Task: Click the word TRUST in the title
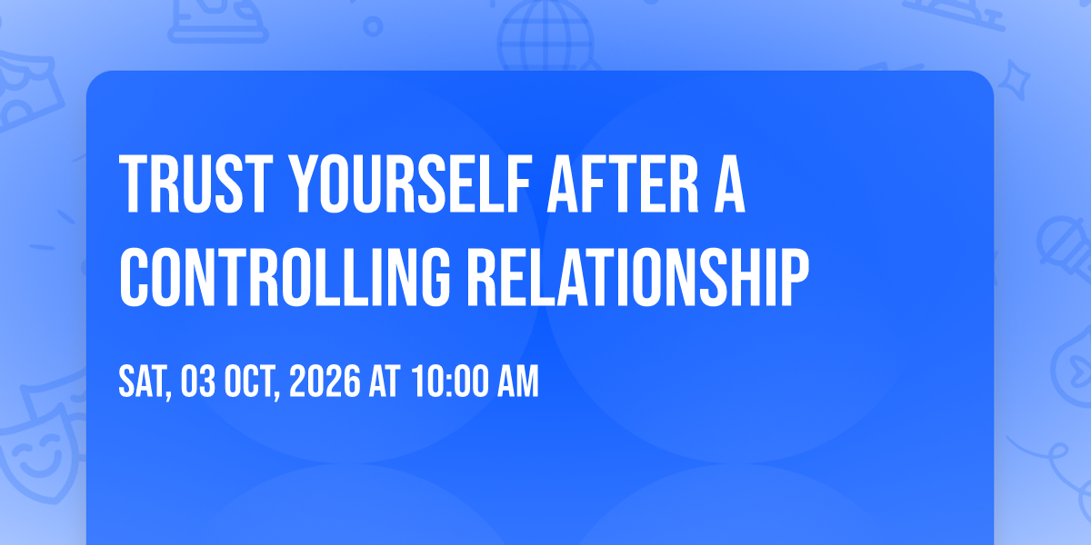[195, 183]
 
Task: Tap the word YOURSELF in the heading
[410, 183]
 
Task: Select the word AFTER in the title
[624, 183]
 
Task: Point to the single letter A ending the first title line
[729, 183]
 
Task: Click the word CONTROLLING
[285, 277]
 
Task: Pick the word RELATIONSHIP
[638, 277]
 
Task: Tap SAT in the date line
[145, 381]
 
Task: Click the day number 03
[198, 381]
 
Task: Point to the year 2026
[325, 381]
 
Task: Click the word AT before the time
[385, 381]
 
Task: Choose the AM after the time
[517, 381]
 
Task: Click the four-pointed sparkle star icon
[1015, 80]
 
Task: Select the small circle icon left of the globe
[373, 26]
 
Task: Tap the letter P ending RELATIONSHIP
[795, 277]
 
